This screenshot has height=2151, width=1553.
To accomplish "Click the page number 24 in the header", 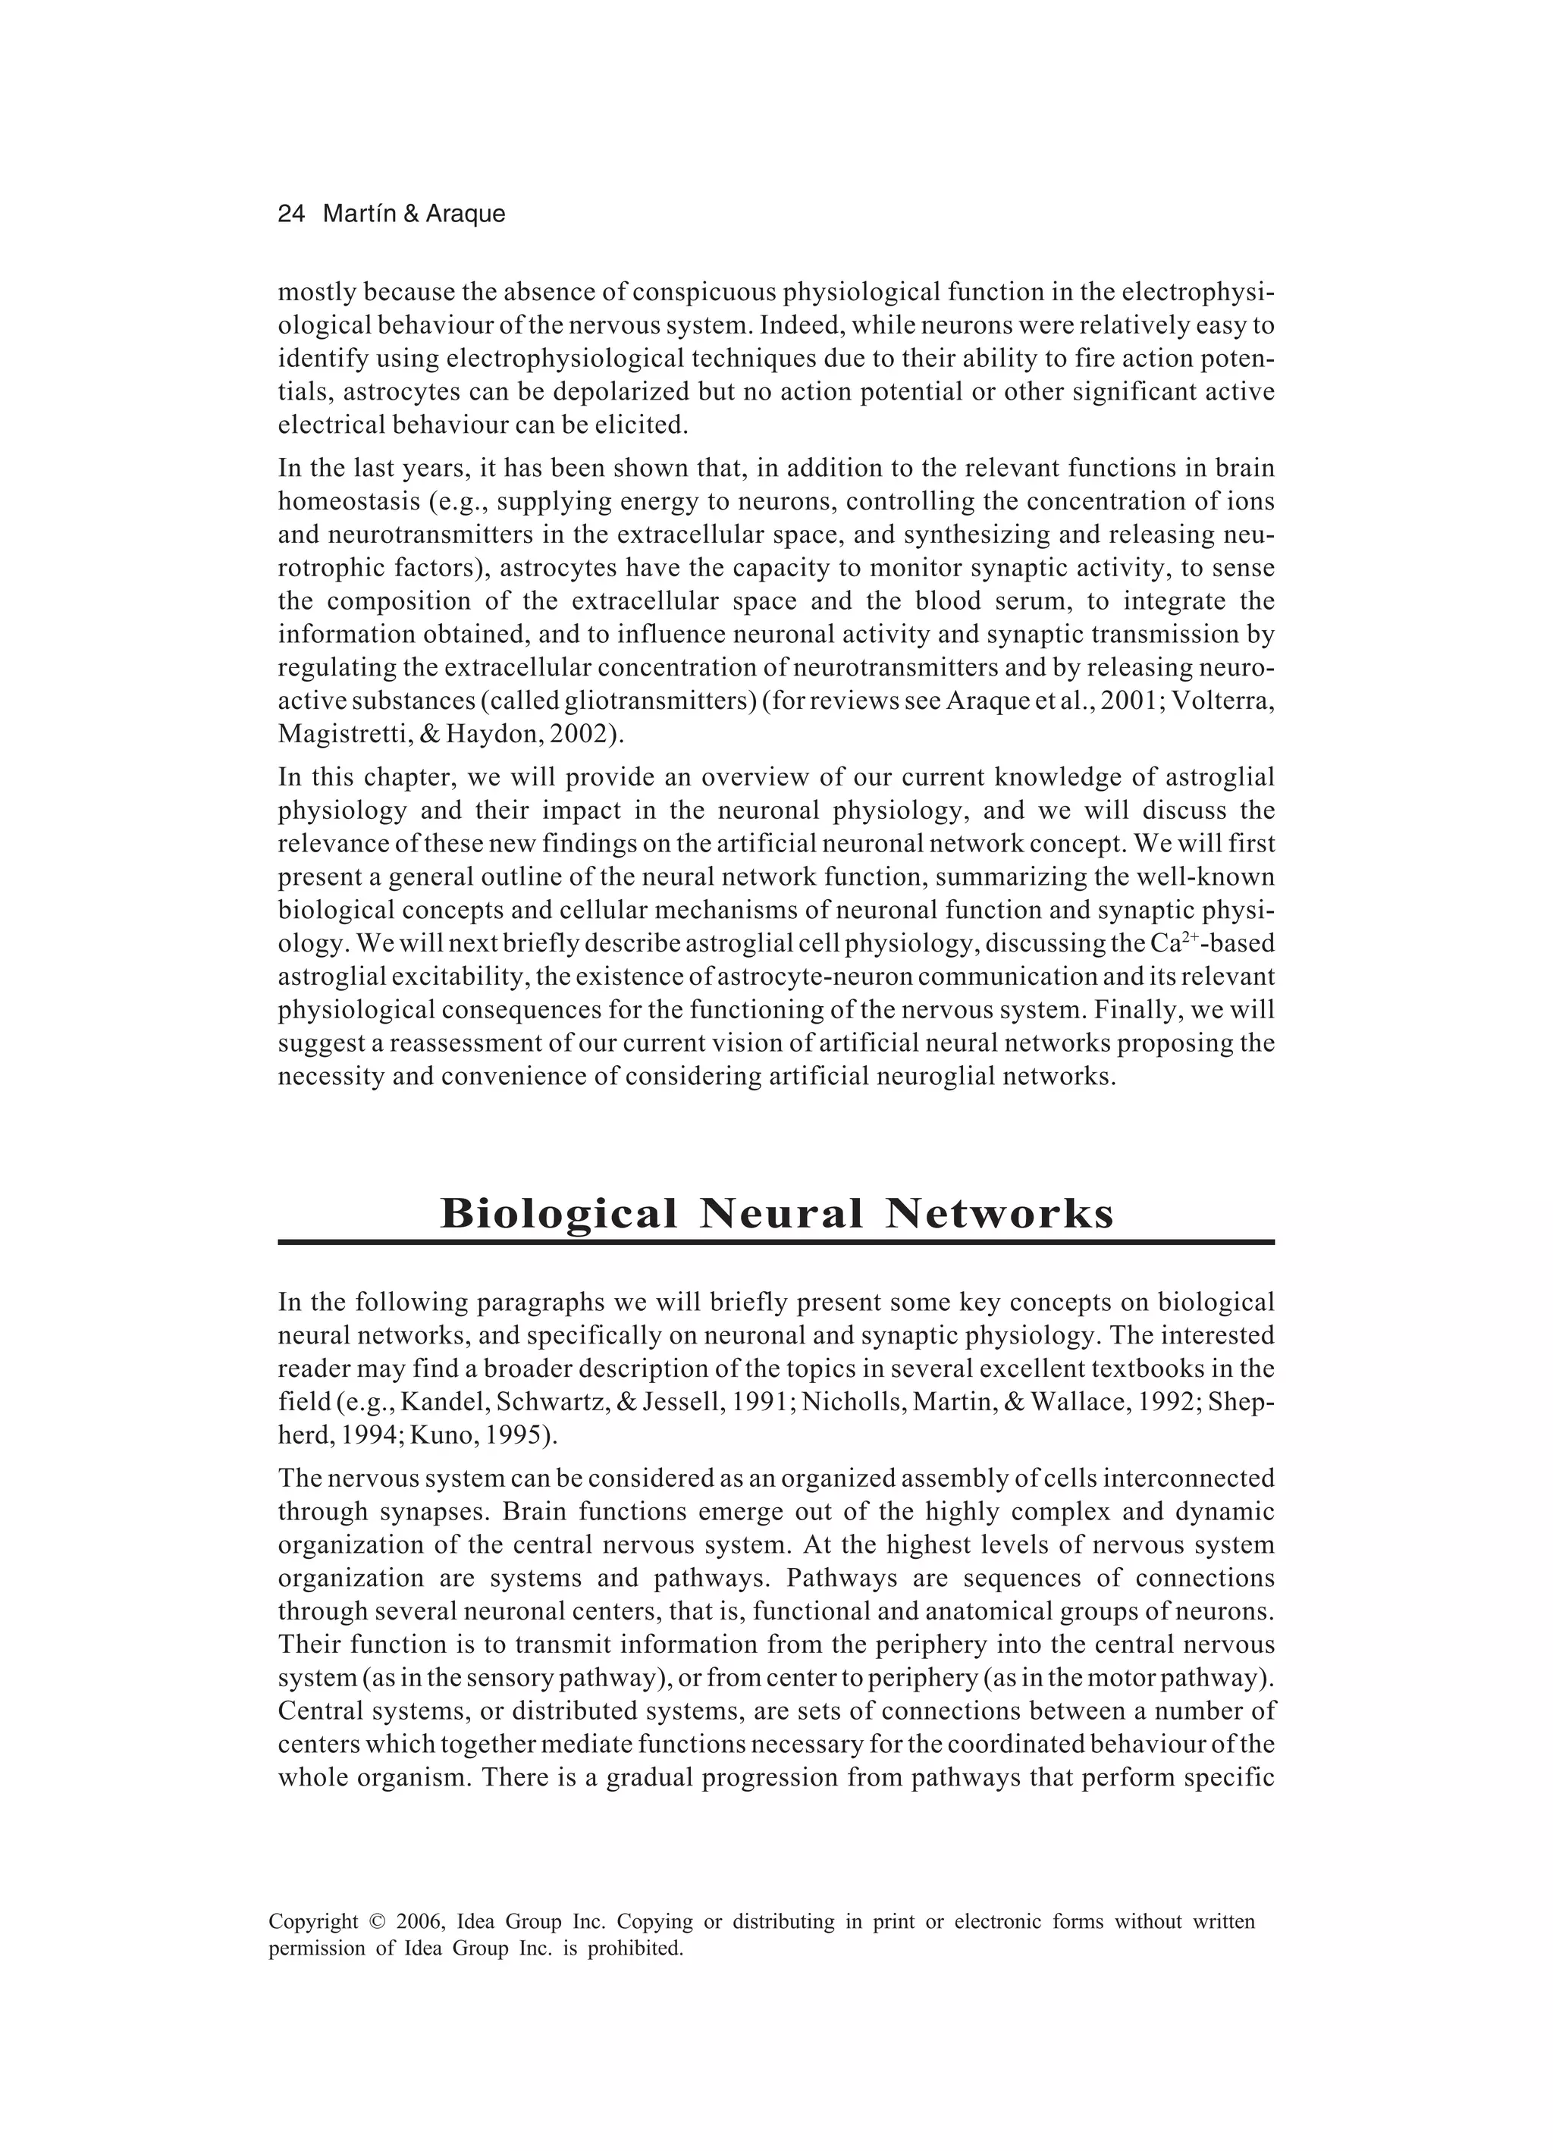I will point(290,215).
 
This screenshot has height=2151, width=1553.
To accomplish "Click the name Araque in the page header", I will point(465,215).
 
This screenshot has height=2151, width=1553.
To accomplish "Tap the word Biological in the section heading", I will point(559,1214).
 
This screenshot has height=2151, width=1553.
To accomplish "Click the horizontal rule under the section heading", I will point(776,1241).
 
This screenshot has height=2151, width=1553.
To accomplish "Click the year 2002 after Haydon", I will point(582,734).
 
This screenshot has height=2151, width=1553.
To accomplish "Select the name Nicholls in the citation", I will point(844,1402).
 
